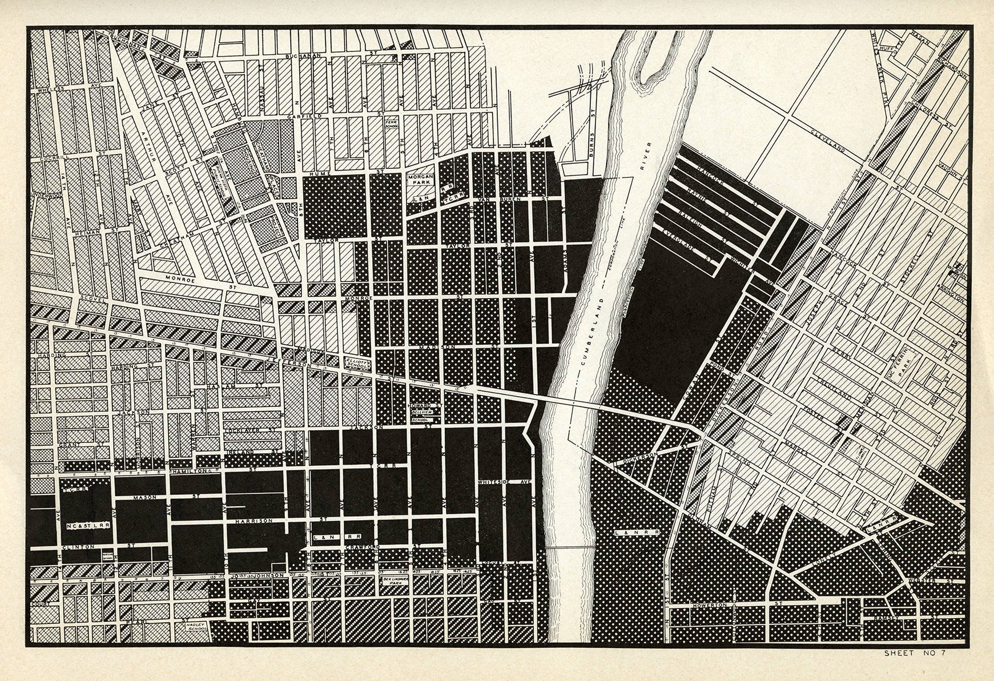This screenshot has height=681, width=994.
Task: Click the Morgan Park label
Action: tap(423, 182)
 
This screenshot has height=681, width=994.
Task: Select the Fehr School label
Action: tap(391, 123)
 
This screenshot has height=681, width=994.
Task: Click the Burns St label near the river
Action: tap(593, 133)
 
